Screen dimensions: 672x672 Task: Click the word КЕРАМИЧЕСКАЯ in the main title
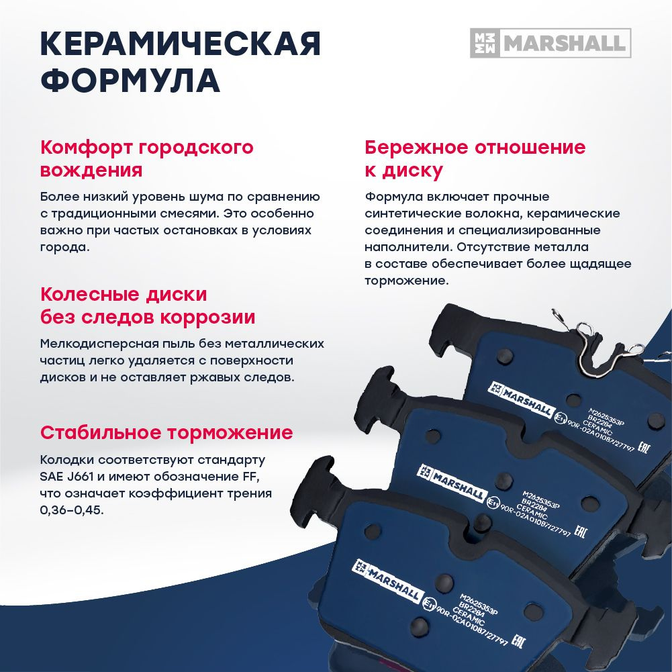pyautogui.click(x=181, y=44)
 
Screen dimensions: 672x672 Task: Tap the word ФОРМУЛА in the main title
pyautogui.click(x=130, y=81)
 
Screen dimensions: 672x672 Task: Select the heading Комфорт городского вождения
pyautogui.click(x=147, y=158)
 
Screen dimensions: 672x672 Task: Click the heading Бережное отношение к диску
pyautogui.click(x=475, y=158)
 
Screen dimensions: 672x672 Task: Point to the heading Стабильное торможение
pyautogui.click(x=166, y=432)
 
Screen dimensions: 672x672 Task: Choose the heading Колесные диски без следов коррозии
pyautogui.click(x=148, y=305)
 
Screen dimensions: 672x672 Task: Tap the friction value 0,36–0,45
pyautogui.click(x=72, y=510)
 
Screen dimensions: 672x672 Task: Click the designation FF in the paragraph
pyautogui.click(x=248, y=477)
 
